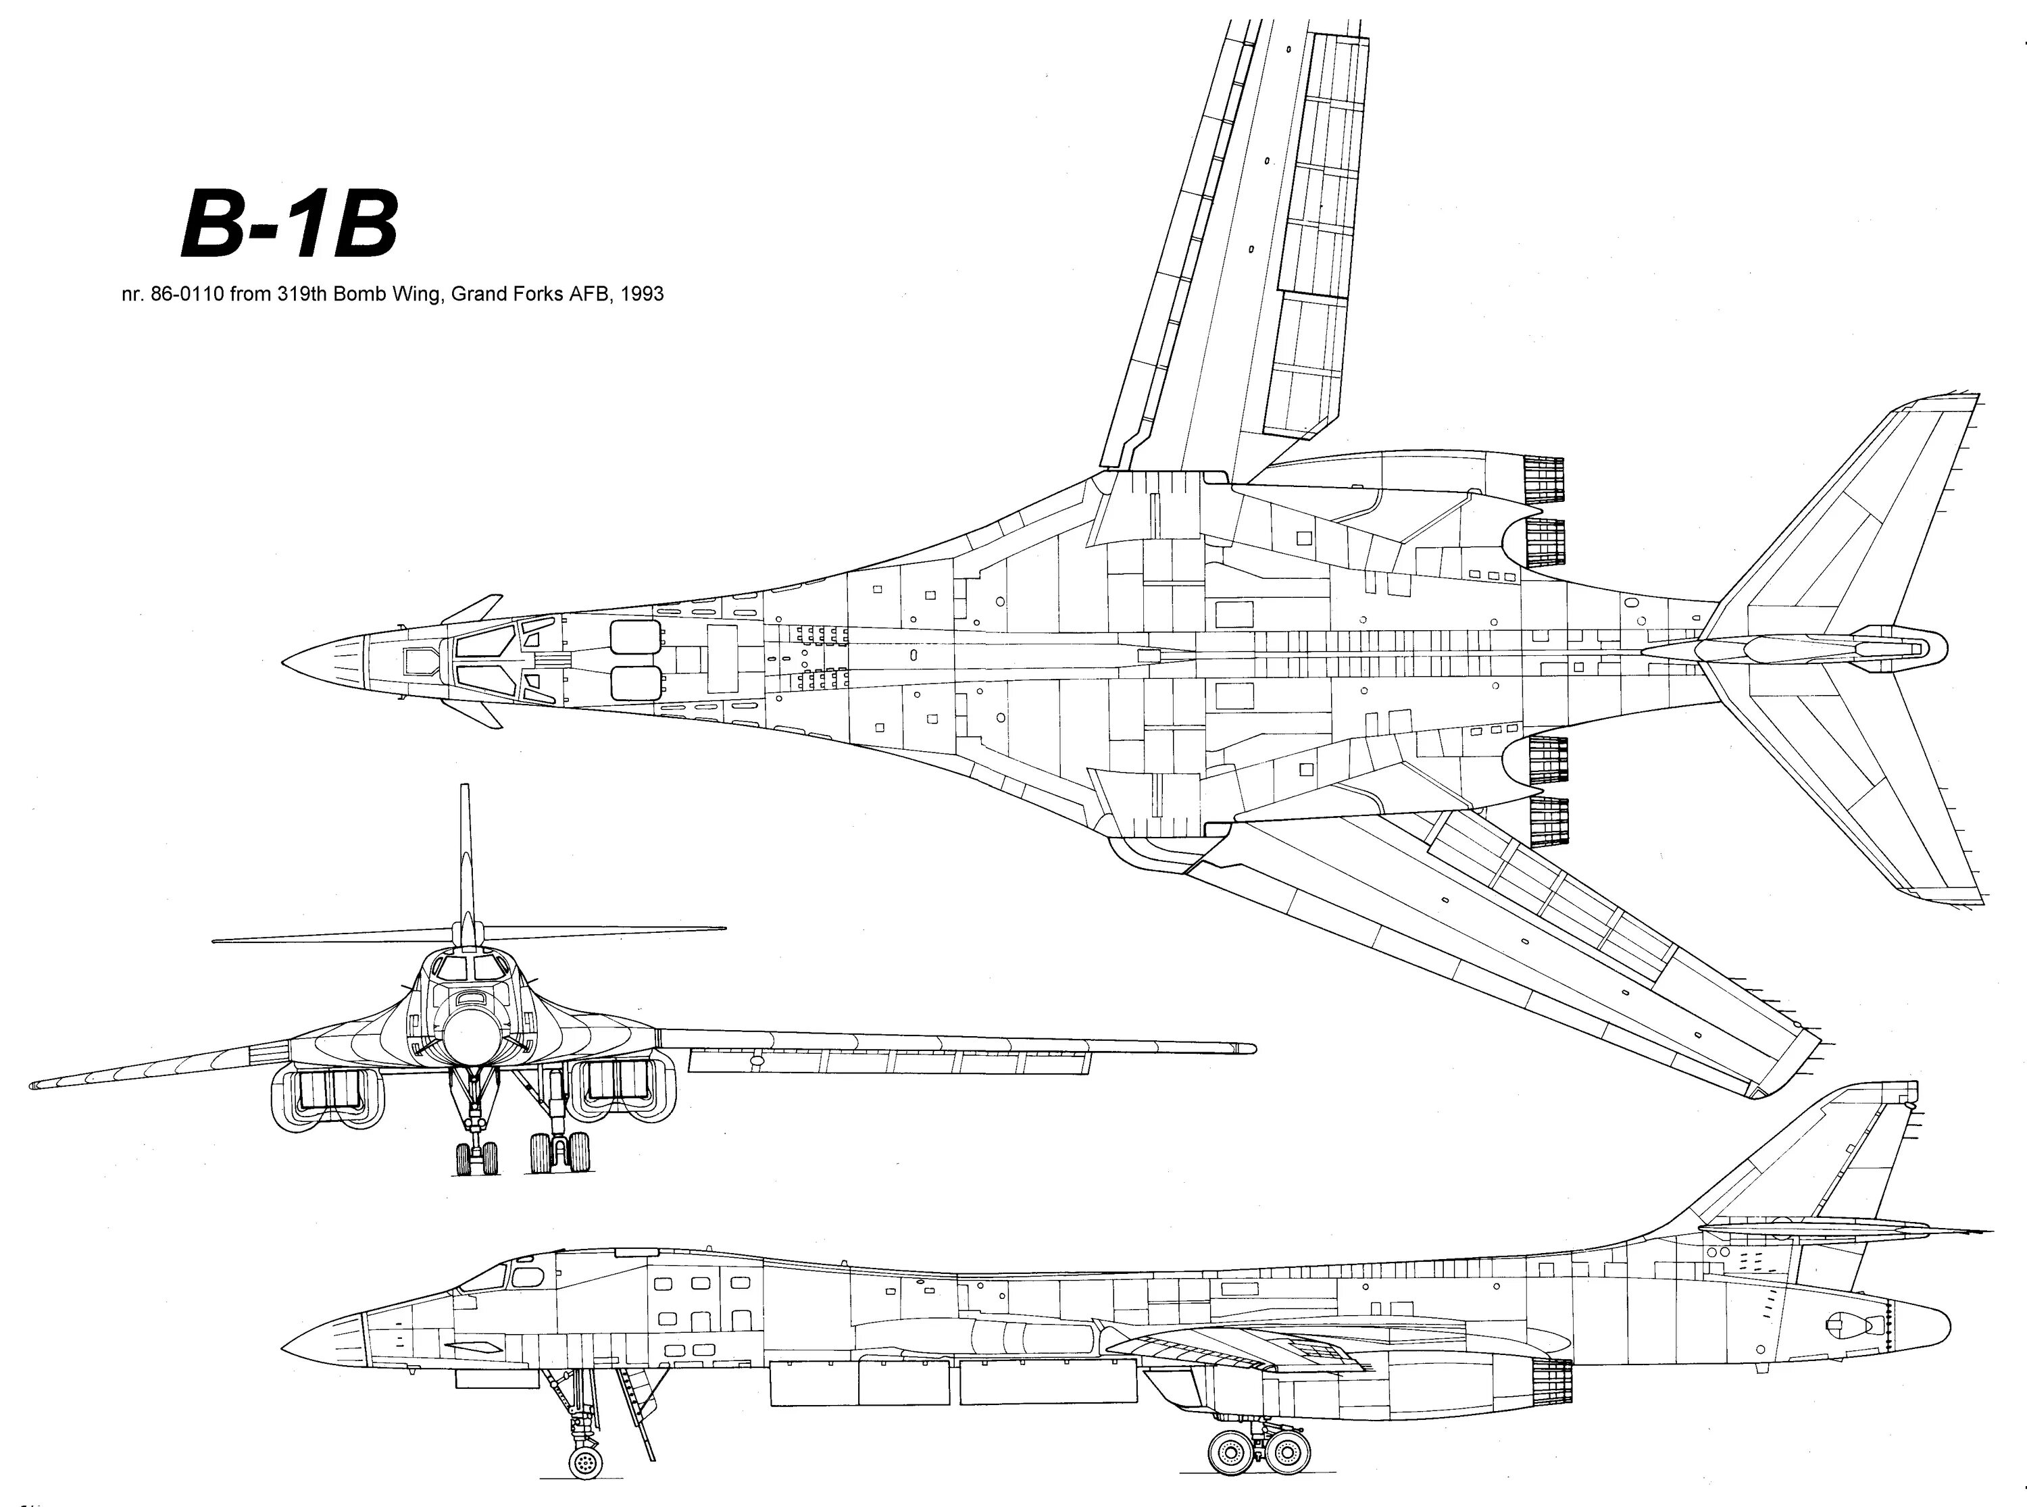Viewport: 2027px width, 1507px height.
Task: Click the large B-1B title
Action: click(x=289, y=224)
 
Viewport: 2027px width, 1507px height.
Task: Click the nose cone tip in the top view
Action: click(x=284, y=659)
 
